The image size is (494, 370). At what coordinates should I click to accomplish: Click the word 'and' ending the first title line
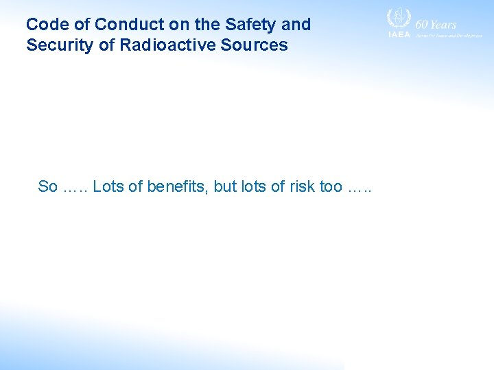pyautogui.click(x=296, y=25)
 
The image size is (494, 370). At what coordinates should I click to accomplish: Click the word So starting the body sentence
pyautogui.click(x=47, y=186)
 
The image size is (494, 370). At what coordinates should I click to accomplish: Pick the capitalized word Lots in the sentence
pyautogui.click(x=108, y=186)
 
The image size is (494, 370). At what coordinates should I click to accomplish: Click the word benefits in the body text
pyautogui.click(x=176, y=186)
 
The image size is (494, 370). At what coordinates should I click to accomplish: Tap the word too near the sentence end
pyautogui.click(x=332, y=186)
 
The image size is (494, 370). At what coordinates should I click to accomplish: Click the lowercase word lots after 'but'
pyautogui.click(x=253, y=186)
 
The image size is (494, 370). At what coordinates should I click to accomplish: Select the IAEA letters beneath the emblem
pyautogui.click(x=399, y=34)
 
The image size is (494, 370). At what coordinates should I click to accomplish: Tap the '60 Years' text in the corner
pyautogui.click(x=436, y=24)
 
